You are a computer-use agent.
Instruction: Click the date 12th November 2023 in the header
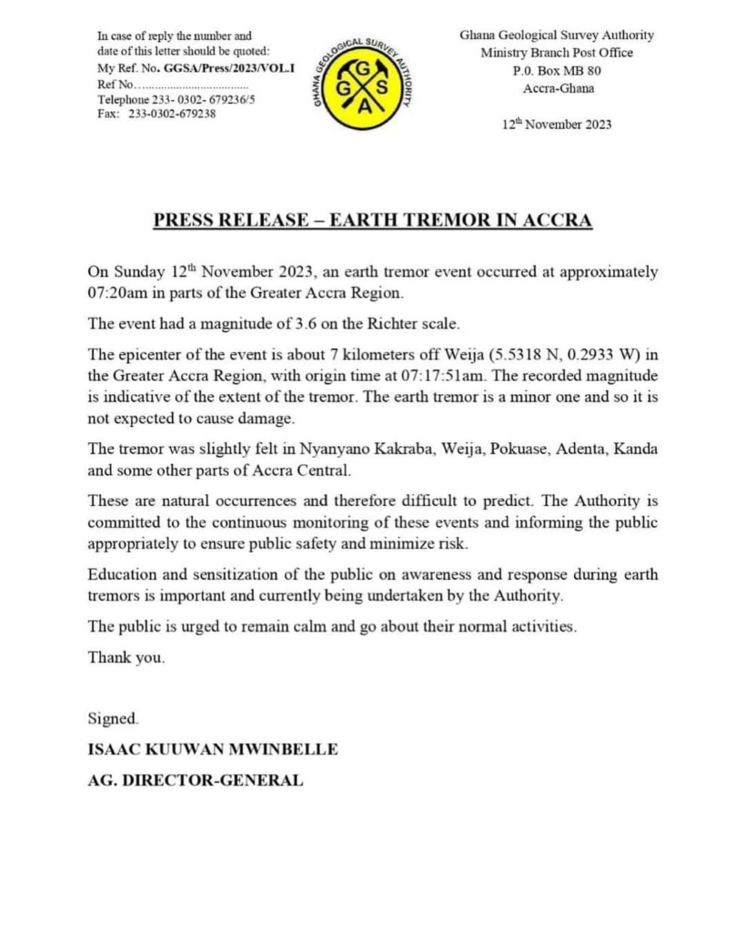click(557, 125)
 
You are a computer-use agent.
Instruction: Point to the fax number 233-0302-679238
click(172, 114)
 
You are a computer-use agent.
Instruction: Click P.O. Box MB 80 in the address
click(557, 70)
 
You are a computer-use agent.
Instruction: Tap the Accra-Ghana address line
click(557, 88)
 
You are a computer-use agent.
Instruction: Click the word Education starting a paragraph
click(123, 575)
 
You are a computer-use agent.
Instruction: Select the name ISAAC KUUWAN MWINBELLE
click(213, 750)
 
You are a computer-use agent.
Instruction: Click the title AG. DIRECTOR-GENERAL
click(195, 781)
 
